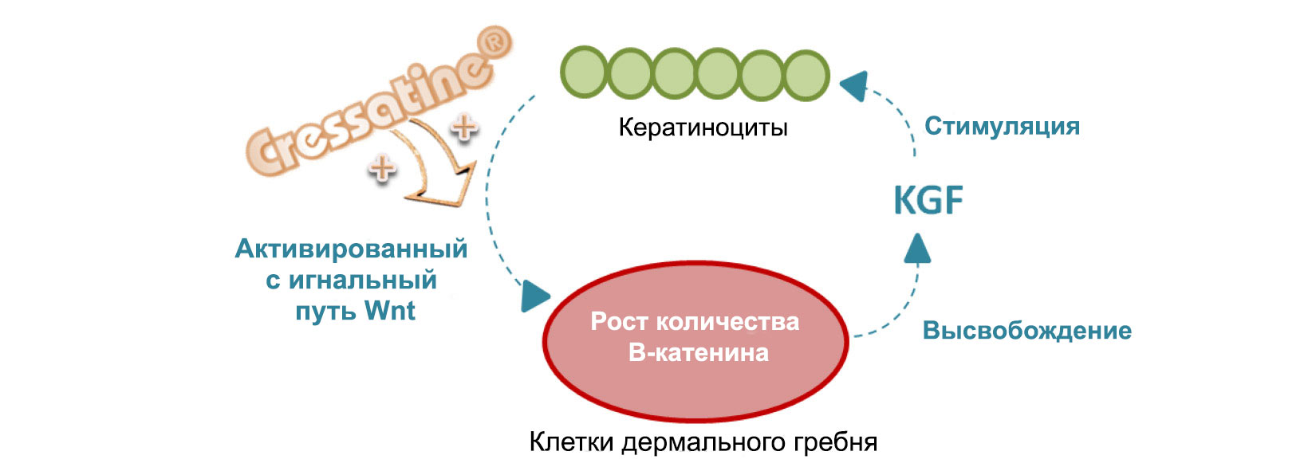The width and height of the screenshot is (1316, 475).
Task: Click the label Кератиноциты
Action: coord(703,128)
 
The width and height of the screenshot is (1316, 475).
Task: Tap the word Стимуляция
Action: coord(1002,126)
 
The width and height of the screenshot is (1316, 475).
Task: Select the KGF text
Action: coord(928,200)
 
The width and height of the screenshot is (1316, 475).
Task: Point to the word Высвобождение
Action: coord(1026,331)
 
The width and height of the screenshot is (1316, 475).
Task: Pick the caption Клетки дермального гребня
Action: coord(703,442)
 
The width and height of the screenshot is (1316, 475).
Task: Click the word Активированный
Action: coord(351,249)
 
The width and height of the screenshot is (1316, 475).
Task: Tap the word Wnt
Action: coord(389,310)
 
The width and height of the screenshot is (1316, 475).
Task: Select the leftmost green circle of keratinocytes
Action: coord(585,74)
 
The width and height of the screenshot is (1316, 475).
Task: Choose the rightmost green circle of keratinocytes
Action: coord(806,74)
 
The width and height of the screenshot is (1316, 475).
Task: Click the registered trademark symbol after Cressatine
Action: coord(495,43)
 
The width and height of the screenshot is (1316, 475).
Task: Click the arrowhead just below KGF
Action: coord(917,248)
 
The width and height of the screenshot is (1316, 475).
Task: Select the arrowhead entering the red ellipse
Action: coord(534,296)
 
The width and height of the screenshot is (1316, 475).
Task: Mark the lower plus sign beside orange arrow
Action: coord(382,167)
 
